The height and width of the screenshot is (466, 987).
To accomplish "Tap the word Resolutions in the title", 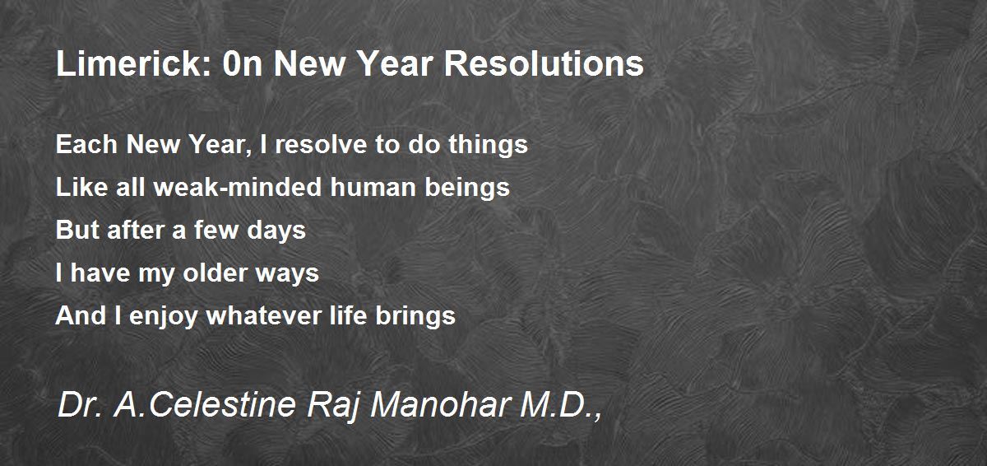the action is pyautogui.click(x=544, y=63).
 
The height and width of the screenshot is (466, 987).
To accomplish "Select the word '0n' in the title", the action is pyautogui.click(x=243, y=63).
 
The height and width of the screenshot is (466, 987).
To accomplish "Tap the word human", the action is pyautogui.click(x=373, y=187).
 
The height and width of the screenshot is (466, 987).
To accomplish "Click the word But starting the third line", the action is pyautogui.click(x=77, y=230).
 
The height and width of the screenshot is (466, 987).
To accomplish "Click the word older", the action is pyautogui.click(x=215, y=273).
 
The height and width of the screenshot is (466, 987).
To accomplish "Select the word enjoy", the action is pyautogui.click(x=164, y=316).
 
